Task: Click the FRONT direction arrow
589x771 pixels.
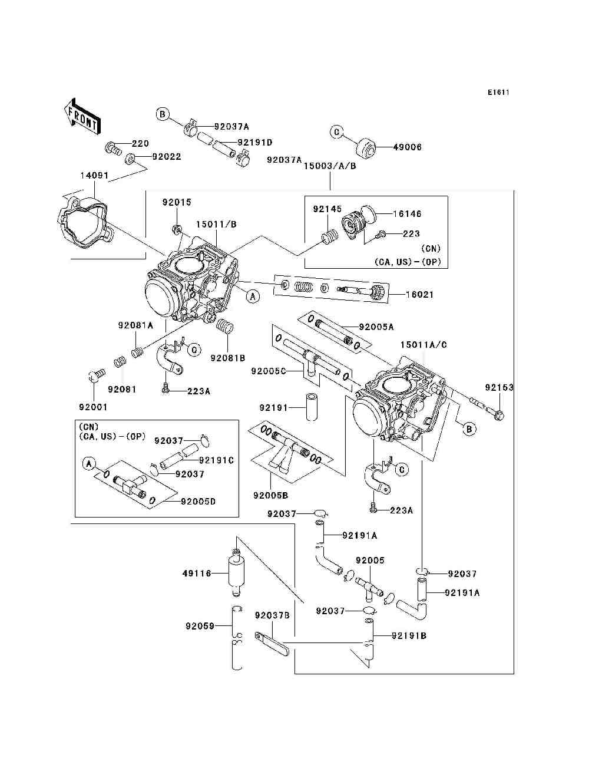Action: [x=82, y=116]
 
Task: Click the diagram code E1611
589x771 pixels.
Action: [x=498, y=93]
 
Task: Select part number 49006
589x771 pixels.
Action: [x=407, y=147]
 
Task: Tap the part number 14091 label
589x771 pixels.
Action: [x=94, y=175]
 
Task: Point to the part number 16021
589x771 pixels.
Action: [x=419, y=294]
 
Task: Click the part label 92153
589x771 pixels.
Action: [x=499, y=387]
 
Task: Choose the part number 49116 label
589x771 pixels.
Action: [x=197, y=574]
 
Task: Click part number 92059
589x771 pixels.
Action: [x=200, y=625]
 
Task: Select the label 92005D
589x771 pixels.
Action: [x=198, y=501]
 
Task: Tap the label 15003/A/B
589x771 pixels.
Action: [x=330, y=166]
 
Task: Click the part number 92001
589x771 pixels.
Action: [x=93, y=407]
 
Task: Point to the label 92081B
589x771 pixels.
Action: [x=228, y=358]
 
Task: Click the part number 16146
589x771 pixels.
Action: [x=407, y=213]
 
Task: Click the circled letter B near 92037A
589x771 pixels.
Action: [x=162, y=114]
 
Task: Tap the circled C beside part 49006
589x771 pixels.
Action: [x=337, y=132]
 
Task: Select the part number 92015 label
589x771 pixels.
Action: [x=177, y=202]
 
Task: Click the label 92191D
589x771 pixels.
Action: [x=255, y=142]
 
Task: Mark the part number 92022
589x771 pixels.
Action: [x=166, y=156]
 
